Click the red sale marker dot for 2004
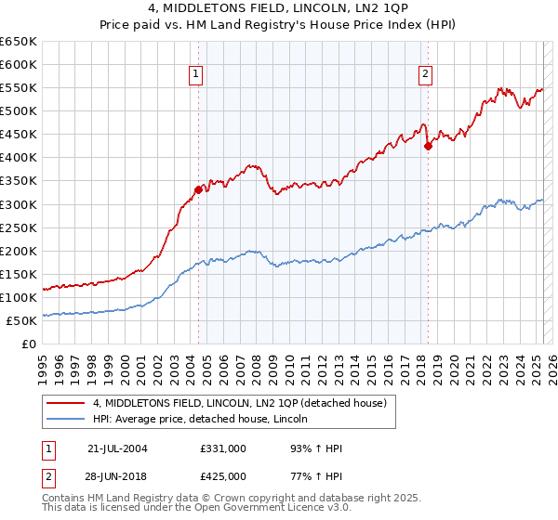tap(198, 189)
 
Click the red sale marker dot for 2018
tap(428, 146)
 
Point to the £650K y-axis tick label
tap(19, 42)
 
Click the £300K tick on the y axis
tap(19, 204)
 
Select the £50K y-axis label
tap(22, 320)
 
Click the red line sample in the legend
tap(66, 403)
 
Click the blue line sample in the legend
tap(66, 420)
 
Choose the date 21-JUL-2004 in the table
tap(117, 448)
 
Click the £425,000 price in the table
tap(223, 475)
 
